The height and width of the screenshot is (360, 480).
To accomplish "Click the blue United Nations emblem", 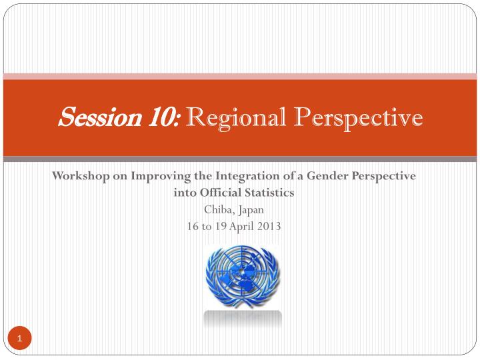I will coord(242,275).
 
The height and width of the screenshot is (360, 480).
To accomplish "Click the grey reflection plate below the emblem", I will coord(242,319).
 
